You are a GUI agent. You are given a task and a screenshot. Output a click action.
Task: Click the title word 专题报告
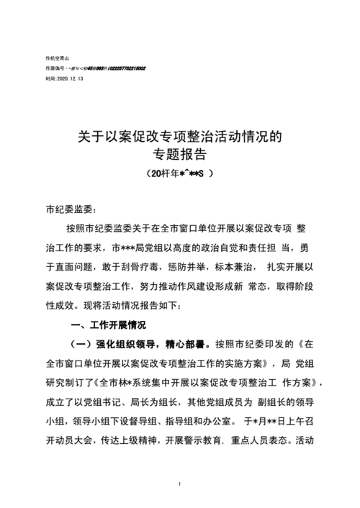[x=179, y=153]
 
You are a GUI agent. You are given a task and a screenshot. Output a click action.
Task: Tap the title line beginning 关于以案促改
[x=179, y=135]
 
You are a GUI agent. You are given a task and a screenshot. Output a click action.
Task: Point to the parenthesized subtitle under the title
[x=179, y=173]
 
